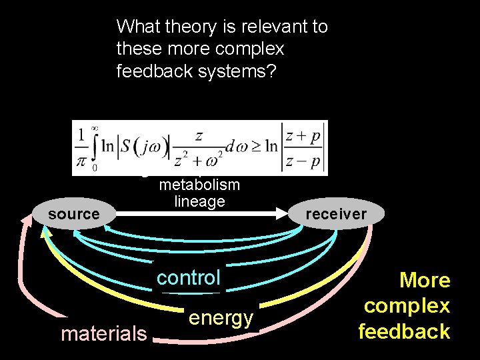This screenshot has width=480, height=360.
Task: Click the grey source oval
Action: point(73,215)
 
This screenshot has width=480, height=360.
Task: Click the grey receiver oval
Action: point(336,215)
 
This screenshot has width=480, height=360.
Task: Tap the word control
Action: point(188,277)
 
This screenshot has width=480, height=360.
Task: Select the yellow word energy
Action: point(221,318)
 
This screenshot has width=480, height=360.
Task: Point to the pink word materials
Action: point(104,333)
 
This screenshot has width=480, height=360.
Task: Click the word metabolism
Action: point(199,185)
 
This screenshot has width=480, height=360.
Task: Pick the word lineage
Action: point(199,201)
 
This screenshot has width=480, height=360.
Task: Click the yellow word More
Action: point(425,280)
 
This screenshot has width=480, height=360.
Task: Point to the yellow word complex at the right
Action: point(407,306)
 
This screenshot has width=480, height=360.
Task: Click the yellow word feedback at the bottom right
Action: point(404,331)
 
